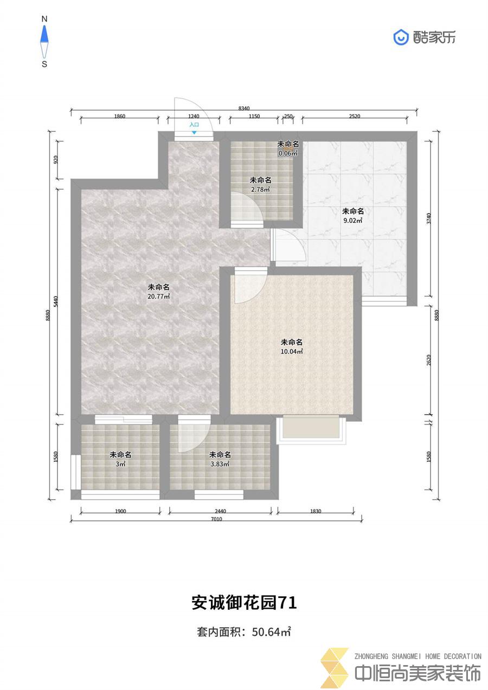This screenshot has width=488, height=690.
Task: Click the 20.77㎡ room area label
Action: pyautogui.click(x=159, y=296)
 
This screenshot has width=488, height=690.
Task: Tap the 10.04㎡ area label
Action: pyautogui.click(x=292, y=351)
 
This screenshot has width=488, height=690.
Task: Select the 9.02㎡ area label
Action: pyautogui.click(x=353, y=221)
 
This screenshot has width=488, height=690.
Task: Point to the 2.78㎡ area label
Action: pyautogui.click(x=260, y=190)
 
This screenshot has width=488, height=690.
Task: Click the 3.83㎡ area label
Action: pyautogui.click(x=220, y=464)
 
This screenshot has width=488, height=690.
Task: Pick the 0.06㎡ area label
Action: pyautogui.click(x=288, y=153)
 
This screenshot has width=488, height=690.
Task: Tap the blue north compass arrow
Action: pyautogui.click(x=44, y=34)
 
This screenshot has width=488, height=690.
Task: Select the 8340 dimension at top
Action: pyautogui.click(x=244, y=108)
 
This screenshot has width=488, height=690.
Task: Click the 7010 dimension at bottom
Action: pyautogui.click(x=216, y=519)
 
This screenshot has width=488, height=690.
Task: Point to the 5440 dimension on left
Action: pyautogui.click(x=56, y=301)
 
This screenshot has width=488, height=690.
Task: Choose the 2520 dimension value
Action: pyautogui.click(x=355, y=116)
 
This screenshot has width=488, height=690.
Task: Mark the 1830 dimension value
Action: pyautogui.click(x=316, y=511)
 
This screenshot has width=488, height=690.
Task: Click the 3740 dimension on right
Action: pyautogui.click(x=429, y=218)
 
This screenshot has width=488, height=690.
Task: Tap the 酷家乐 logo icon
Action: pyautogui.click(x=401, y=37)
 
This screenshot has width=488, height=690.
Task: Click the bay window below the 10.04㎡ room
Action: pyautogui.click(x=311, y=429)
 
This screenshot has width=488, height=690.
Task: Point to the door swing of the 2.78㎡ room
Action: pyautogui.click(x=247, y=209)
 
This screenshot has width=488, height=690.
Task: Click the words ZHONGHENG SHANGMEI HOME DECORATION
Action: pyautogui.click(x=418, y=656)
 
